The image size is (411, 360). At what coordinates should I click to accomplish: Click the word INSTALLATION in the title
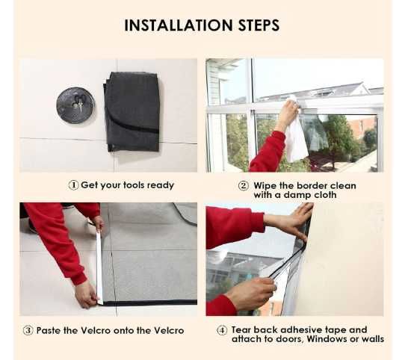[x=179, y=25]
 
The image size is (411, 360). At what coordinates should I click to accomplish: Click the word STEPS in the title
[x=259, y=25]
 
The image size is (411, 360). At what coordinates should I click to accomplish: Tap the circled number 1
[x=73, y=185]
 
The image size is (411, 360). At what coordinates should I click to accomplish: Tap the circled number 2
[x=244, y=186]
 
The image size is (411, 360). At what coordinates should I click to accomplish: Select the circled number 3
[x=28, y=330]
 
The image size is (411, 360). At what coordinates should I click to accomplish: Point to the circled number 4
[x=222, y=330]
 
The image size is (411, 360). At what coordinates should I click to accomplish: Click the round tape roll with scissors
[x=75, y=105]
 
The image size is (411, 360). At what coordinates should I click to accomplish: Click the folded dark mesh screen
[x=132, y=112]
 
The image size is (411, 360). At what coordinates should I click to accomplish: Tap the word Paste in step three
[x=49, y=330]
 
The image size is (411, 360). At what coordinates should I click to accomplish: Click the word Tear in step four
[x=241, y=329]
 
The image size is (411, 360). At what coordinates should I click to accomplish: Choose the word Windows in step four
[x=327, y=339]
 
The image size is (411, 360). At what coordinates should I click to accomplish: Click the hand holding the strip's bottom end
[x=86, y=294]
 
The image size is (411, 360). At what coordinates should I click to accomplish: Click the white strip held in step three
[x=99, y=267]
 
